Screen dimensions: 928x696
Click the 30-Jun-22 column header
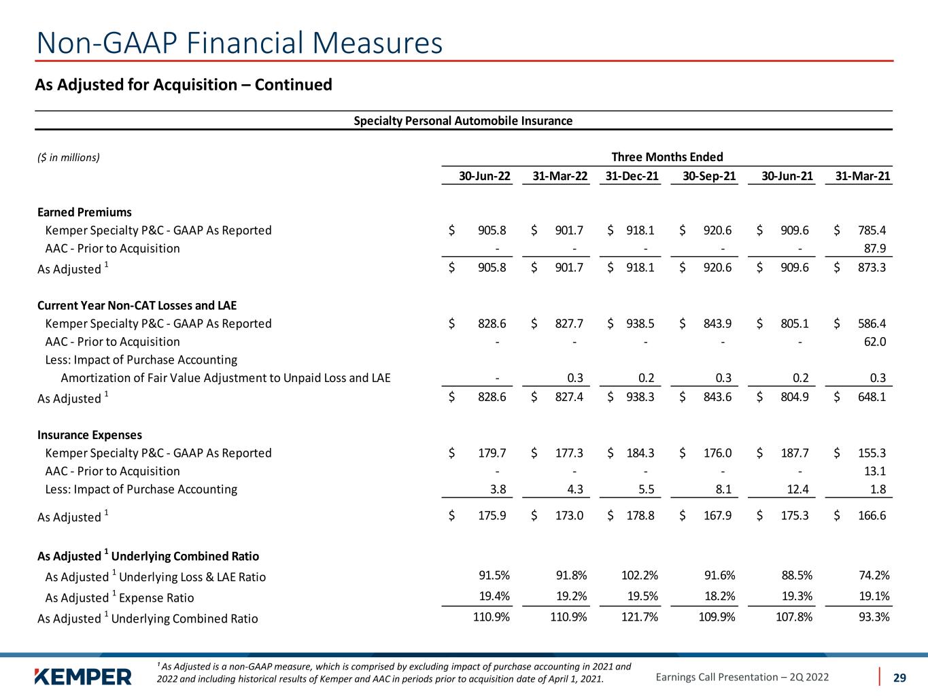pos(485,176)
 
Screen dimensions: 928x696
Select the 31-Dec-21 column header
pos(632,176)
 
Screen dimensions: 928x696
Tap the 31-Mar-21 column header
pos(863,176)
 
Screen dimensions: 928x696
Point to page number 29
pos(899,678)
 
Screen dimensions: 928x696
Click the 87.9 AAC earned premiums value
pos(875,248)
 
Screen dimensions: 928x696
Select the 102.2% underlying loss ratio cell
pos(640,575)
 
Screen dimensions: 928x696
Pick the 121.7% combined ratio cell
pos(640,617)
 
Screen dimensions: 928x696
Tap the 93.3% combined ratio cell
pos(874,617)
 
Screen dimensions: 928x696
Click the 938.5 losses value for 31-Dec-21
pos(640,324)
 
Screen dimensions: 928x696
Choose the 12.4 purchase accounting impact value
pos(797,489)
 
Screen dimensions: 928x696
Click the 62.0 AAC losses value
pos(875,341)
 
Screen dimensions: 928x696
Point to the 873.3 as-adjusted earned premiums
pos(872,267)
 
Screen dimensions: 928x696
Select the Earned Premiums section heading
pos(84,212)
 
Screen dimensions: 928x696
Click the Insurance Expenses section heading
pos(90,435)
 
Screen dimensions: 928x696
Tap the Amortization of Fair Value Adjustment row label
pos(226,378)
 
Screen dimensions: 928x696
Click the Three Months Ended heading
pos(667,157)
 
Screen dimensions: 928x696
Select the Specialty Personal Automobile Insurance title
pos(463,121)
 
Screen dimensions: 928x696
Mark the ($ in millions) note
pos(69,158)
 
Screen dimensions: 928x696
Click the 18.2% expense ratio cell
pos(719,596)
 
